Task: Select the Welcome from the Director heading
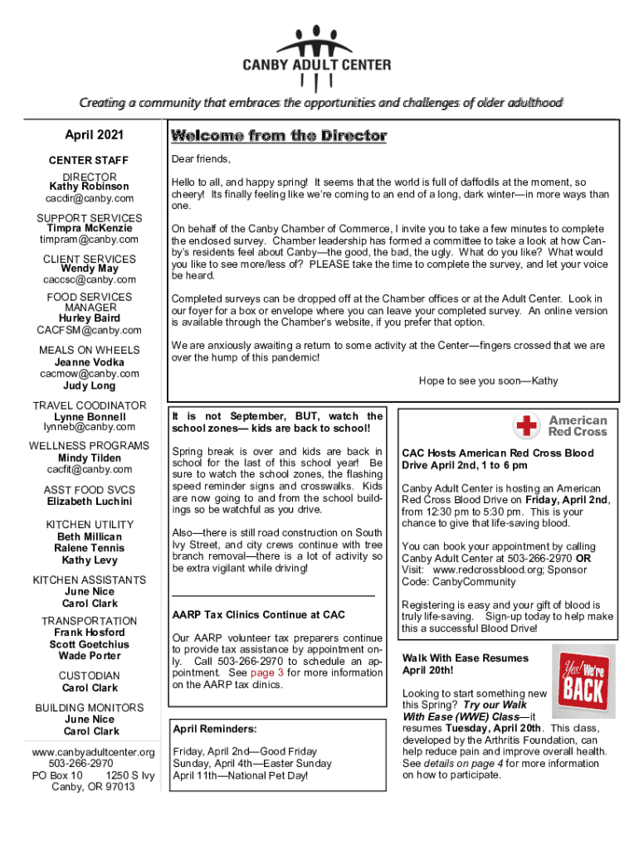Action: tap(279, 135)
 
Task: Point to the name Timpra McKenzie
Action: tap(89, 228)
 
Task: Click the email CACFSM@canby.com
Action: tap(89, 330)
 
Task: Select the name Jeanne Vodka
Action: tap(89, 362)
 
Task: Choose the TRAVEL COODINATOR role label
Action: tap(89, 405)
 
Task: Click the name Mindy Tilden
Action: tap(89, 458)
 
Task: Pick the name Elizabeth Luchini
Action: tap(89, 502)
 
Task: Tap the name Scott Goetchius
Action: tap(89, 644)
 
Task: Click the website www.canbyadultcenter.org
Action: tap(92, 752)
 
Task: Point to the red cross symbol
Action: tap(527, 427)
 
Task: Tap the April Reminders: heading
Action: tap(214, 729)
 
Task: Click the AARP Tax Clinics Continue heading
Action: tap(258, 615)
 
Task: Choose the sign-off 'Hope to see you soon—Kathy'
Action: tap(488, 381)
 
